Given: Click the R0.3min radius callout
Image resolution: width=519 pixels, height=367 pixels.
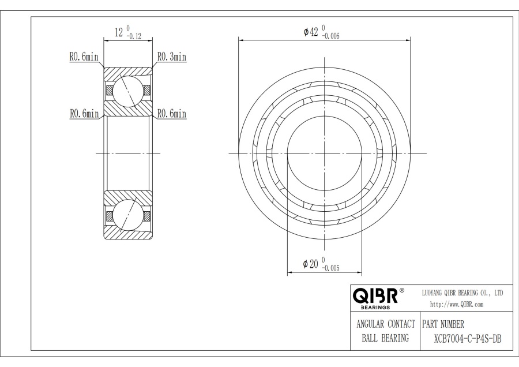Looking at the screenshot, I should pyautogui.click(x=172, y=57).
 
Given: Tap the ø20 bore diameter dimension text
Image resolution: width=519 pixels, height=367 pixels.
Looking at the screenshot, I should pyautogui.click(x=311, y=263).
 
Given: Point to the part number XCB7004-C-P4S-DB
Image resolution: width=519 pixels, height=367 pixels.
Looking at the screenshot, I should pyautogui.click(x=467, y=339).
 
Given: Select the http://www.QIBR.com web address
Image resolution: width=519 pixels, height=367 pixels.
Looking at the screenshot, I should pyautogui.click(x=457, y=304).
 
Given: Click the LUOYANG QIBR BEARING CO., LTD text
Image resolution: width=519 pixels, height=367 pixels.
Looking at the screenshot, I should pyautogui.click(x=463, y=294).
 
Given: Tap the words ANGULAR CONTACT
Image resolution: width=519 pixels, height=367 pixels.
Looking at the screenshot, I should pyautogui.click(x=385, y=324).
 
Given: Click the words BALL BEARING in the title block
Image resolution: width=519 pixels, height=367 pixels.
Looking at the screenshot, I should pyautogui.click(x=385, y=339).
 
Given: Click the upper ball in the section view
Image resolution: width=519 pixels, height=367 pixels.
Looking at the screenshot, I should pyautogui.click(x=127, y=90).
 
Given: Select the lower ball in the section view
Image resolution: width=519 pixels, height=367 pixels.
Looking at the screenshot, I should pyautogui.click(x=127, y=216).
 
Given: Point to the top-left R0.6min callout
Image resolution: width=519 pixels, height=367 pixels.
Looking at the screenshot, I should pyautogui.click(x=84, y=57).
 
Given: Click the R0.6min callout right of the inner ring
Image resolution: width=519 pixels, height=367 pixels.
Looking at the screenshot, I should pyautogui.click(x=172, y=114).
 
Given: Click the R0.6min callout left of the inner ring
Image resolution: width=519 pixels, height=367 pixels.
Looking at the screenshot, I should pyautogui.click(x=84, y=114).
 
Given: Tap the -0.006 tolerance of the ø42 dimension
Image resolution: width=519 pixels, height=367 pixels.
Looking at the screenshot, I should pyautogui.click(x=330, y=36).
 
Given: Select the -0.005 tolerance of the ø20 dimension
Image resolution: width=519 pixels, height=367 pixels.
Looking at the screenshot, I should pyautogui.click(x=330, y=267).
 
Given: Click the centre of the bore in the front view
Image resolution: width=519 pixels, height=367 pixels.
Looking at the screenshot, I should pyautogui.click(x=325, y=153).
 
